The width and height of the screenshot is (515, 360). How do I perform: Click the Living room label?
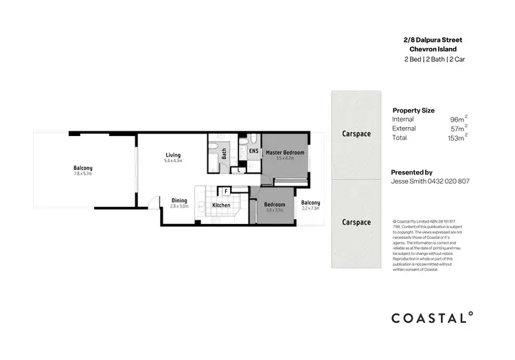[x=172, y=155]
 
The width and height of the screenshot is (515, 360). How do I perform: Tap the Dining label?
[x=179, y=201]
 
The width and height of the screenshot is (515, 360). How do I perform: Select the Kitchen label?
[x=220, y=205]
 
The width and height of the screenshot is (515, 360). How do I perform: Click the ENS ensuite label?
[x=253, y=151]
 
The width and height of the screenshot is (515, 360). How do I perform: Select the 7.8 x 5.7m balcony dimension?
[x=83, y=175]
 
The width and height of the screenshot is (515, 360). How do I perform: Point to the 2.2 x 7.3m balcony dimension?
[x=310, y=208]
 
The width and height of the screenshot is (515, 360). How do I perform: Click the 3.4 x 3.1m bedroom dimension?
[x=274, y=211]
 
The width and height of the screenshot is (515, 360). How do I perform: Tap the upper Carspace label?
[x=356, y=134]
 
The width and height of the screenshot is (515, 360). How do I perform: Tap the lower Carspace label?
[x=356, y=222]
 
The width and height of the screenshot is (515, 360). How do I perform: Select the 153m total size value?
[x=455, y=138]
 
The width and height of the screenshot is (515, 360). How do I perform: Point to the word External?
[x=404, y=128]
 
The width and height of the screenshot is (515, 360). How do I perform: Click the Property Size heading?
[x=413, y=110]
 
